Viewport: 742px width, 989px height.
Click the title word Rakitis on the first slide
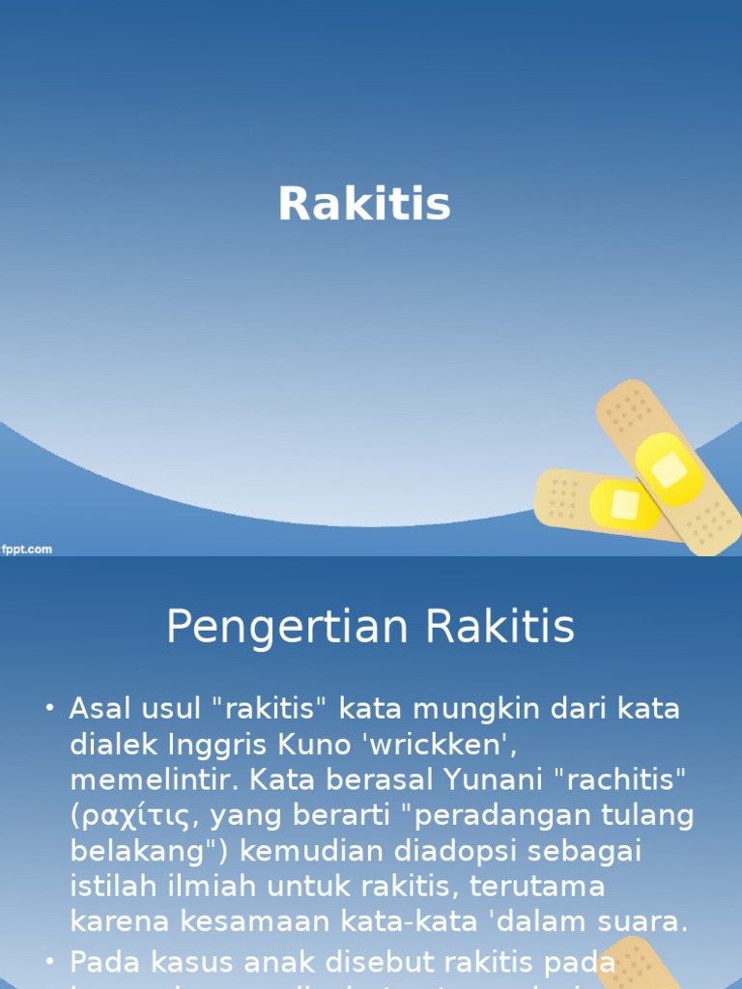(364, 204)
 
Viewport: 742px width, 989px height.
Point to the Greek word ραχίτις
(134, 816)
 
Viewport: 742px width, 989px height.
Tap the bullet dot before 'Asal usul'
(50, 710)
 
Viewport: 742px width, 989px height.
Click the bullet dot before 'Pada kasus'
(50, 962)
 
